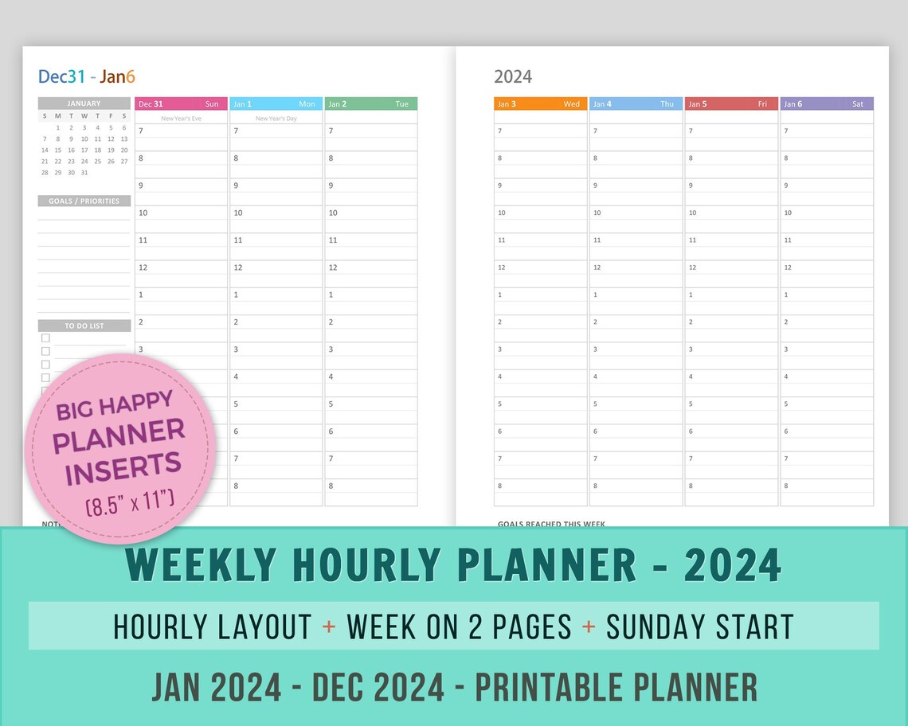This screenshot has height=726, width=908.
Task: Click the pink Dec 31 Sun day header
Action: [x=181, y=103]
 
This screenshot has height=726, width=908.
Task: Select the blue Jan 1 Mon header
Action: [x=276, y=103]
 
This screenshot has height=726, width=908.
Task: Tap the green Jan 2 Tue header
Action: [x=370, y=103]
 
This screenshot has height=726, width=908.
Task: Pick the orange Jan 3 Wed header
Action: [x=540, y=103]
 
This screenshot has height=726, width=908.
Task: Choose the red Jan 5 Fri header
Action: [x=731, y=103]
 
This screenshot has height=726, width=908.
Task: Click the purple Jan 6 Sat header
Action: [x=826, y=103]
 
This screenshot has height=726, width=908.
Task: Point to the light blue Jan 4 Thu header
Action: [x=636, y=103]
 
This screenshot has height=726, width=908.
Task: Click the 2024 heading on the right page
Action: [x=513, y=76]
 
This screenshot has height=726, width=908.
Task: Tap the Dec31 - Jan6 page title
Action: [x=87, y=76]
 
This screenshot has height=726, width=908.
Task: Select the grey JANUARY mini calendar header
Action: [x=84, y=103]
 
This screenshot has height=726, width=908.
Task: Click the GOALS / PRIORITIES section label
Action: [x=84, y=201]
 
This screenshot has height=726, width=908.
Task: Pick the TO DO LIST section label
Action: [x=84, y=326]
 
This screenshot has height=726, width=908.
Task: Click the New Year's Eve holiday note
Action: [x=181, y=118]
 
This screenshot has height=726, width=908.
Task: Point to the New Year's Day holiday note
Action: [x=276, y=118]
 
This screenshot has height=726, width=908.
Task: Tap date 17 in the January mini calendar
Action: [x=84, y=150]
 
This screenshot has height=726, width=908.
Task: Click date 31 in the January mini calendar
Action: [x=84, y=172]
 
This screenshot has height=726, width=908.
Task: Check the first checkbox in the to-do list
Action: [x=45, y=338]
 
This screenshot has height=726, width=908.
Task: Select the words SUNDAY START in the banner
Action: [x=700, y=626]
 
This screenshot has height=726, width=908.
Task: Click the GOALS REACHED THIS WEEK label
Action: [x=551, y=525]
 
